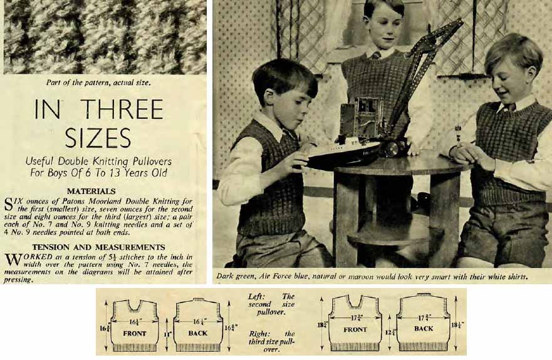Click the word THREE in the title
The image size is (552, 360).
point(123,109)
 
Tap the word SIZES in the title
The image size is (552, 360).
point(98,137)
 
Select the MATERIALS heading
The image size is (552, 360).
point(91,191)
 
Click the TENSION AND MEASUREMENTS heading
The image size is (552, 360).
point(98,247)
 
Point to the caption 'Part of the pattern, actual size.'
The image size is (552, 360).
point(98,83)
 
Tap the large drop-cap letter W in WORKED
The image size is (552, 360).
point(13,260)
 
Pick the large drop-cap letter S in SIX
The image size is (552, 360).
point(9,205)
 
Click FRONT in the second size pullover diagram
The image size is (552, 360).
point(135,333)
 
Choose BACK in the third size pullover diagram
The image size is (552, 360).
point(424,329)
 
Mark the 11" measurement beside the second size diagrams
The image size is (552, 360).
point(167,334)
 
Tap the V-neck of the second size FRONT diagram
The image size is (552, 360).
point(134,306)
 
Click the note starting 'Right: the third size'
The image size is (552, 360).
point(271,341)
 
